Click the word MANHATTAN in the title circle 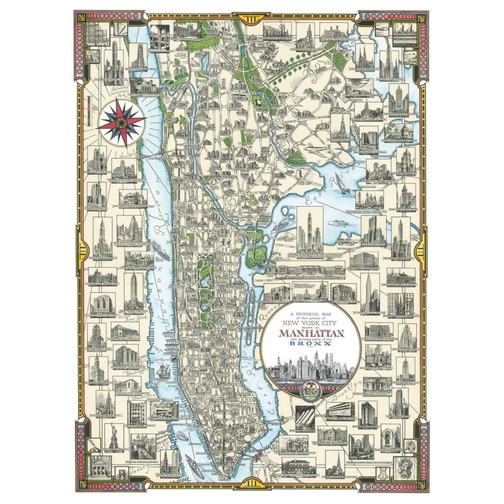tap(311, 333)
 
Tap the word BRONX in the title tap(311, 345)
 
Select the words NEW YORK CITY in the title tap(311, 323)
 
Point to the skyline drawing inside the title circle tap(311, 367)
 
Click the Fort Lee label tap(127, 156)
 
